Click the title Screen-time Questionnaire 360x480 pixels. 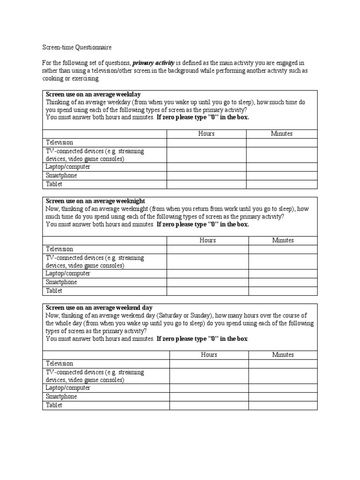tap(77, 47)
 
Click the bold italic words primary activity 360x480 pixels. tap(153, 62)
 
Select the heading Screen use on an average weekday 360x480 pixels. tap(93, 94)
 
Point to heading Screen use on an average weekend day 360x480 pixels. tap(99, 307)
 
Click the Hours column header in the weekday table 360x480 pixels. tap(206, 134)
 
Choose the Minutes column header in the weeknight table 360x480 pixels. tap(283, 240)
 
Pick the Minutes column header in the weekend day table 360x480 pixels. tap(283, 355)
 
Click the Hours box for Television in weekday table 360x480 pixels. tap(206, 142)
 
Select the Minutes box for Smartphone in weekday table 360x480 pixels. tap(281, 176)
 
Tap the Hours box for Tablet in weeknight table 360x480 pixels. tap(208, 291)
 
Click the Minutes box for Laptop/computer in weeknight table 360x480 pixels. tap(283, 274)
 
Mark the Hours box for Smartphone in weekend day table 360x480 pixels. tap(209, 397)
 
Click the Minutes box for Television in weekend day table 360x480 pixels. tap(283, 364)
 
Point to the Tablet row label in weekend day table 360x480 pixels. tap(54, 405)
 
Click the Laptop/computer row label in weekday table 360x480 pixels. tap(68, 167)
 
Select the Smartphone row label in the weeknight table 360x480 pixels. tap(61, 282)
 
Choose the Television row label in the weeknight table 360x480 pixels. tap(60, 249)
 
